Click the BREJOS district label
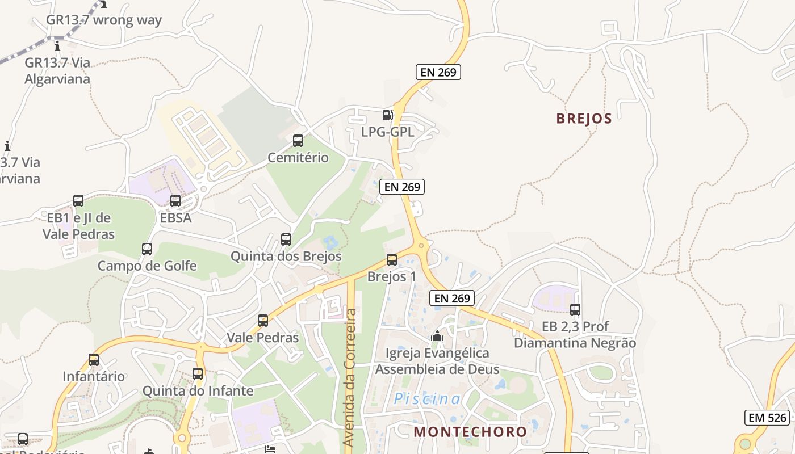(584, 119)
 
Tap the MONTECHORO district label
(470, 431)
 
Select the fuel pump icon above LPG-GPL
(388, 115)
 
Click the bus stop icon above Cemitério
(298, 141)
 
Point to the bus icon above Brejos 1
(392, 260)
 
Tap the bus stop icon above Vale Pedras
(263, 321)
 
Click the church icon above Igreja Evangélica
(437, 336)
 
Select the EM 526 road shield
(768, 418)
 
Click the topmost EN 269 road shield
(438, 72)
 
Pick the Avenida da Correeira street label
(350, 377)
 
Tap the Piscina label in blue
(428, 399)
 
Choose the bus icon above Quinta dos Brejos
(286, 239)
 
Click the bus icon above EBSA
(175, 201)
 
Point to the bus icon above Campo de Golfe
(147, 249)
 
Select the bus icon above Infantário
(94, 360)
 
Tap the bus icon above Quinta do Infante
(198, 374)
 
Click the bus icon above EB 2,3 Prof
(575, 310)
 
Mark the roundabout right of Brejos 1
(421, 246)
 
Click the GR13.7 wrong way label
(104, 20)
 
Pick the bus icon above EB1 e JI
(78, 201)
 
